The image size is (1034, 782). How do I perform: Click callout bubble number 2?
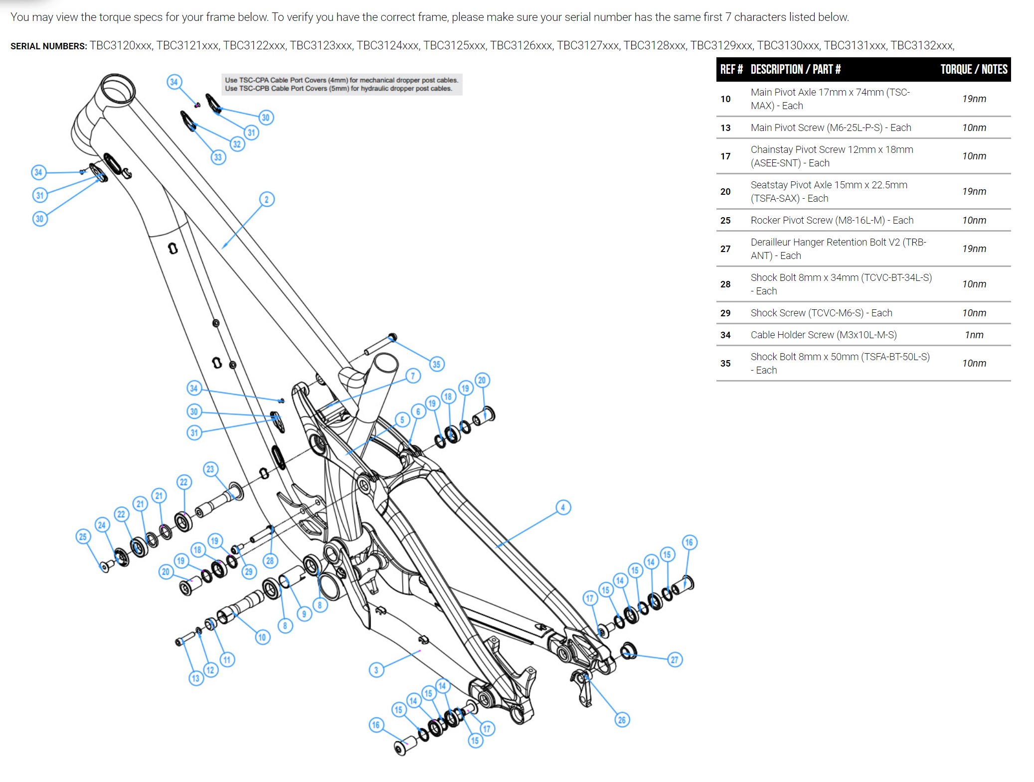pos(267,200)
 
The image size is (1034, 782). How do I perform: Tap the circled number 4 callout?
pos(563,508)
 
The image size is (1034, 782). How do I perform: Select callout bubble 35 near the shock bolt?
pos(436,364)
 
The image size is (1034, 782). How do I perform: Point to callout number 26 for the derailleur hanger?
pos(622,720)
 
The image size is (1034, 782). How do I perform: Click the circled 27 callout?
pos(675,660)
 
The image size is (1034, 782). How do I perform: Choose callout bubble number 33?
pos(218,157)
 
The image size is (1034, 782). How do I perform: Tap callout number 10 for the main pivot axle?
pos(262,637)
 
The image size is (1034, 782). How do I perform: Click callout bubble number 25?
pos(83,536)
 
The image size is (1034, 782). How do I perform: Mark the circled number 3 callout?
pos(376,670)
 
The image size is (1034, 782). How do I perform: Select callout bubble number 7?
pos(413,376)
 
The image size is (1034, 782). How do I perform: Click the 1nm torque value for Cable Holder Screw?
pos(974,335)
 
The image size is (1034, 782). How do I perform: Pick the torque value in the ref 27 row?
pos(974,249)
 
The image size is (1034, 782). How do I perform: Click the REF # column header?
pos(731,69)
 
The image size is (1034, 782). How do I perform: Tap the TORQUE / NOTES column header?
pos(974,69)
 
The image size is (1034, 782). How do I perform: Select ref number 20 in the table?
pos(725,192)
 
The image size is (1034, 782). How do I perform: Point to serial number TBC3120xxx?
pos(121,46)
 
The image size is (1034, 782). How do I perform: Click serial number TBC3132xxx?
pos(922,46)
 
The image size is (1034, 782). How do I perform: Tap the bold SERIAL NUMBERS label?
pos(48,46)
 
